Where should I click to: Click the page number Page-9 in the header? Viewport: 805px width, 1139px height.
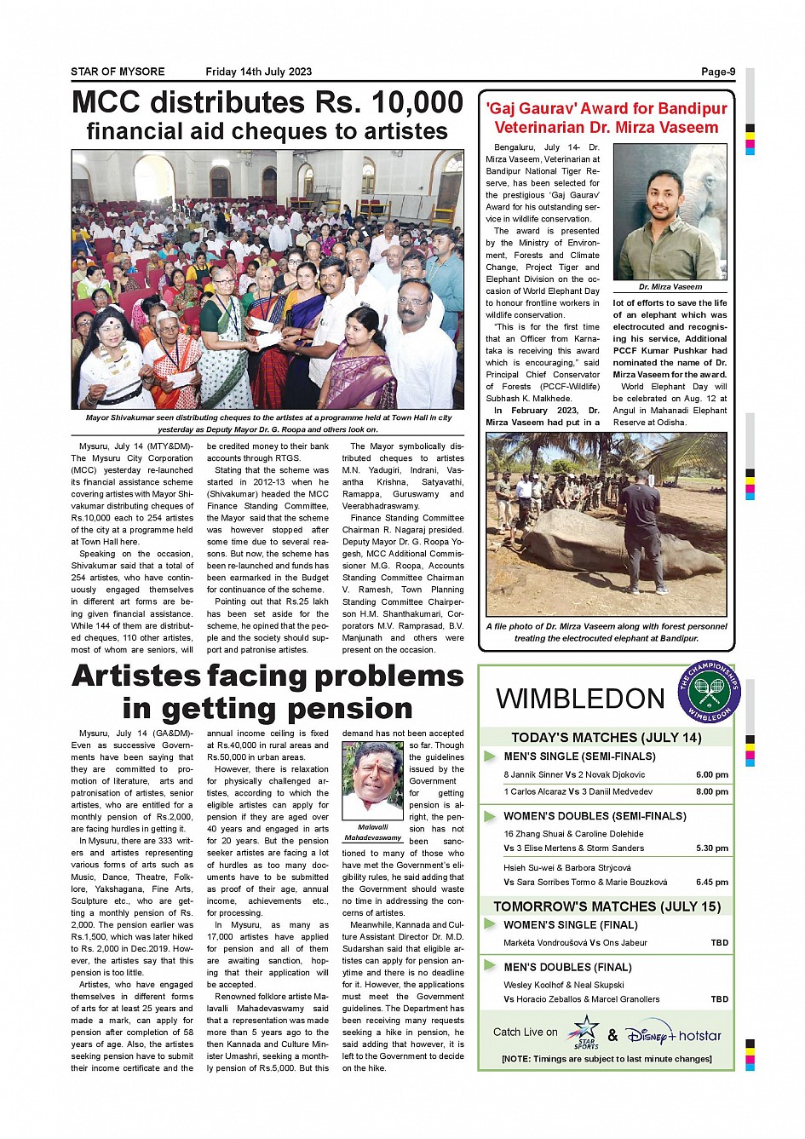click(717, 72)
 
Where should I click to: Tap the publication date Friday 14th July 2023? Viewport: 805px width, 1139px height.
click(258, 72)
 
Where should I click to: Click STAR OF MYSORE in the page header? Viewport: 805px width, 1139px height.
click(118, 72)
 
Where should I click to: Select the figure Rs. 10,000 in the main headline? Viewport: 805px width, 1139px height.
click(388, 103)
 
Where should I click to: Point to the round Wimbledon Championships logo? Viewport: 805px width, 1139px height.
click(709, 692)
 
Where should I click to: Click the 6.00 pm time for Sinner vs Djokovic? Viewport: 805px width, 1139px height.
click(711, 775)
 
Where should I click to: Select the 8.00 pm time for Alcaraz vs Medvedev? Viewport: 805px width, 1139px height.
click(711, 792)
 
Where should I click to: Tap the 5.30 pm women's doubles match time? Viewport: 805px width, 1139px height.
click(711, 848)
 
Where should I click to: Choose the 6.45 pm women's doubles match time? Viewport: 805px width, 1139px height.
click(711, 883)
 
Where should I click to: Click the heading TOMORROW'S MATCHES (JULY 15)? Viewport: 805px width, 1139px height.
click(607, 906)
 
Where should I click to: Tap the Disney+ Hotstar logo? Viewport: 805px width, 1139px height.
click(674, 1035)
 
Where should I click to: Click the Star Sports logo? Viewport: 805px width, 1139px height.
click(585, 1033)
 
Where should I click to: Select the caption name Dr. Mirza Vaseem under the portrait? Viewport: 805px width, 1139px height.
click(670, 287)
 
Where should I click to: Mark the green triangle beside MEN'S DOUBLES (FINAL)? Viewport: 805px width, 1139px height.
click(490, 965)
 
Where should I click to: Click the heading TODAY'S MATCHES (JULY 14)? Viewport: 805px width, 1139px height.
click(606, 738)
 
